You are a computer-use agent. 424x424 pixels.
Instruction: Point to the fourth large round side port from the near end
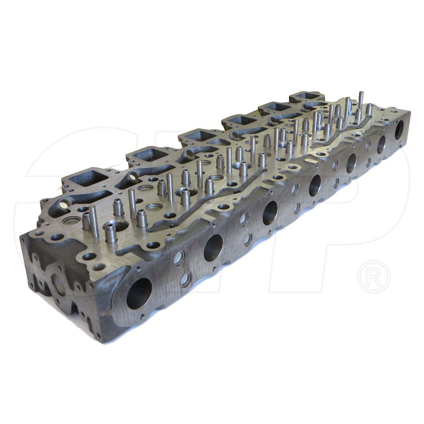point(316,184)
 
